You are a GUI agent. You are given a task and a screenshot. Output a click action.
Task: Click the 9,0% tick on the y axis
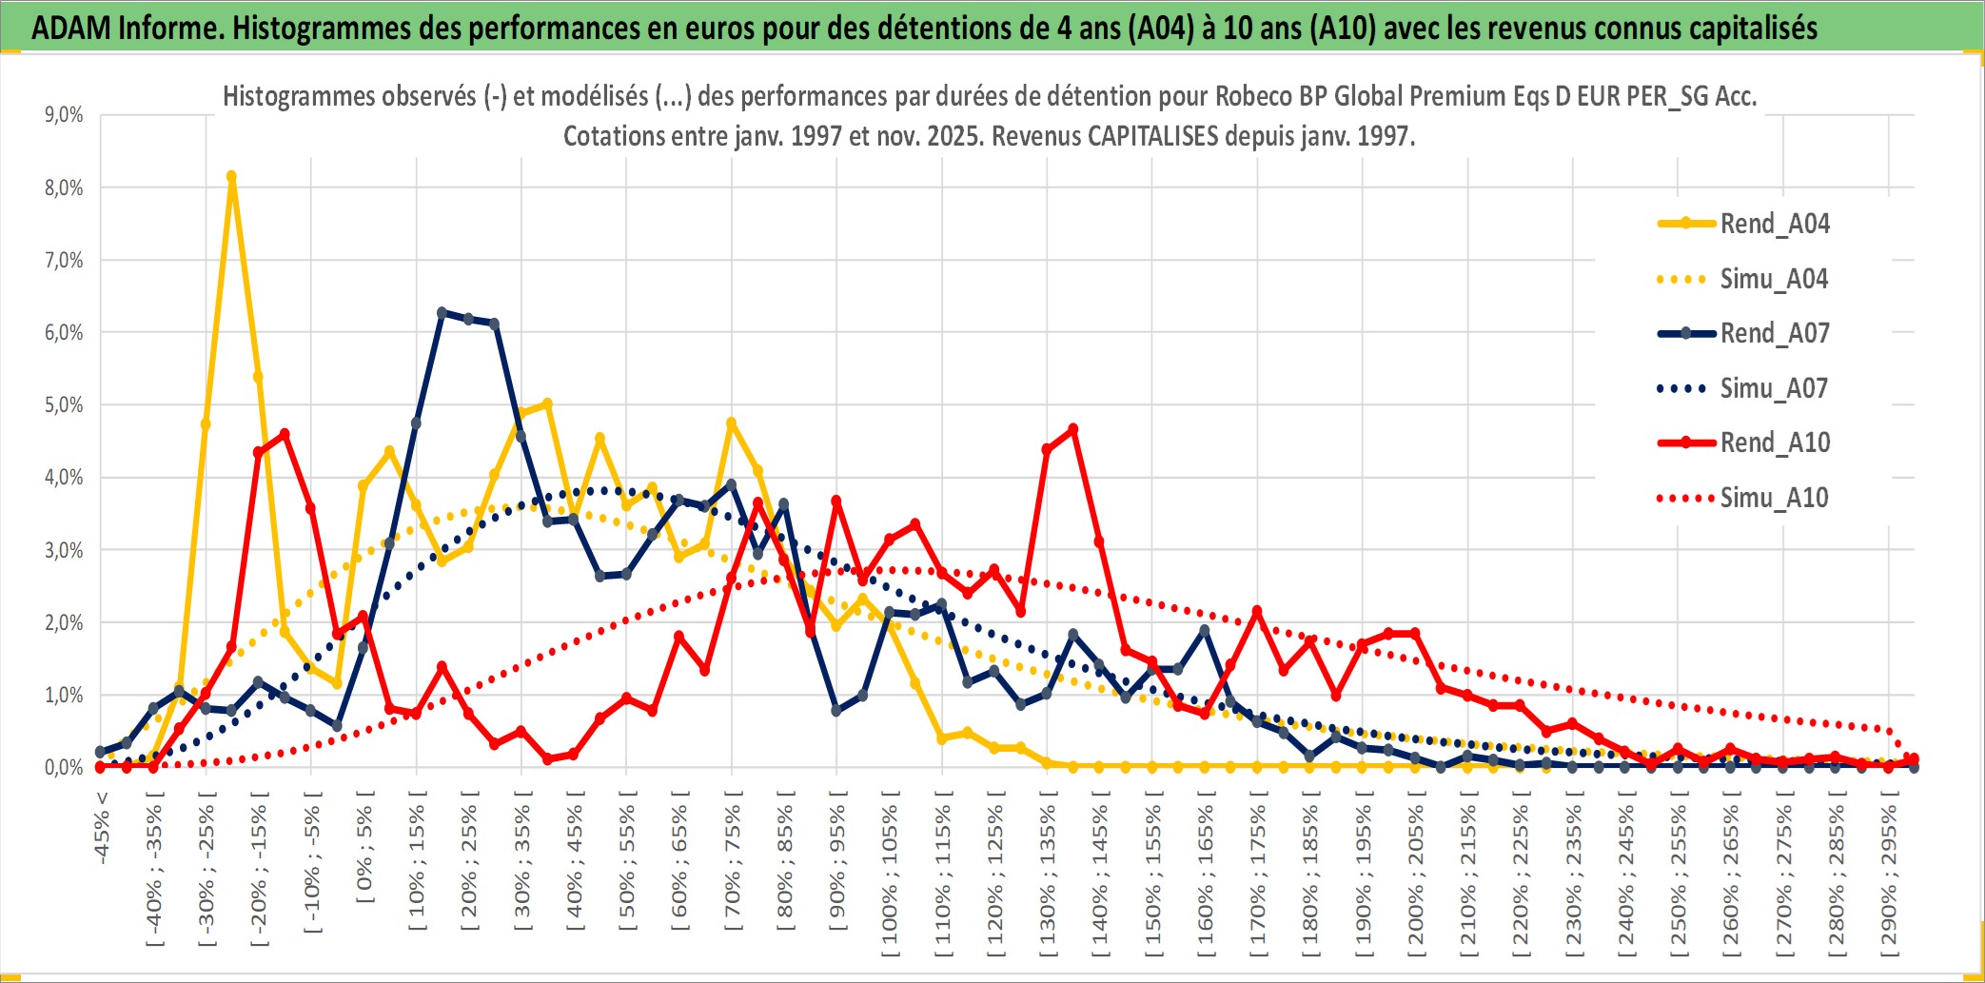click(64, 115)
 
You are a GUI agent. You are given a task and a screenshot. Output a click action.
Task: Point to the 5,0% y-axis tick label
click(64, 405)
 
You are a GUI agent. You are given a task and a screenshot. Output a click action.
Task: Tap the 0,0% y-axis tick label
click(64, 767)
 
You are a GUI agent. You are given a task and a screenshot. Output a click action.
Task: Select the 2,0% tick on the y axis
click(64, 622)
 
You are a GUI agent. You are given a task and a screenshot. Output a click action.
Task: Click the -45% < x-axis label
click(102, 828)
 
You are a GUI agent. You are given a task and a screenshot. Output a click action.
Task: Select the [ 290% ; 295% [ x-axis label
click(1889, 880)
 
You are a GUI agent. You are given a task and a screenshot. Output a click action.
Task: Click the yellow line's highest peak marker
click(231, 176)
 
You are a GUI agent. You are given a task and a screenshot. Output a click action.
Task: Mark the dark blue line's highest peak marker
click(442, 312)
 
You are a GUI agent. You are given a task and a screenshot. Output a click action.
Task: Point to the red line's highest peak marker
click(1073, 429)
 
